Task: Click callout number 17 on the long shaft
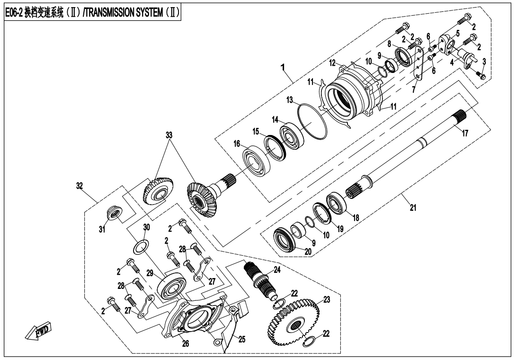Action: pyautogui.click(x=465, y=134)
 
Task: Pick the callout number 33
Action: pyautogui.click(x=169, y=135)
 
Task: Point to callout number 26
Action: pyautogui.click(x=186, y=344)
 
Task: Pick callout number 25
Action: pyautogui.click(x=242, y=340)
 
